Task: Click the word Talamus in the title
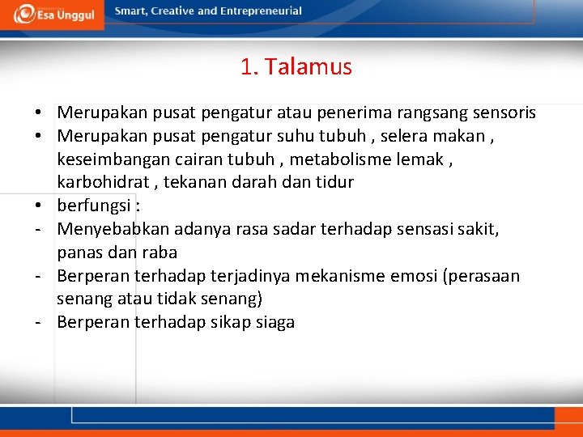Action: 309,67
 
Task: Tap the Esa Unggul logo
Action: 53,14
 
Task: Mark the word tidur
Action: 335,182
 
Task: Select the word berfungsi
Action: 91,206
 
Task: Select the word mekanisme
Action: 341,277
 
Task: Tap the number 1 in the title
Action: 246,67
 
